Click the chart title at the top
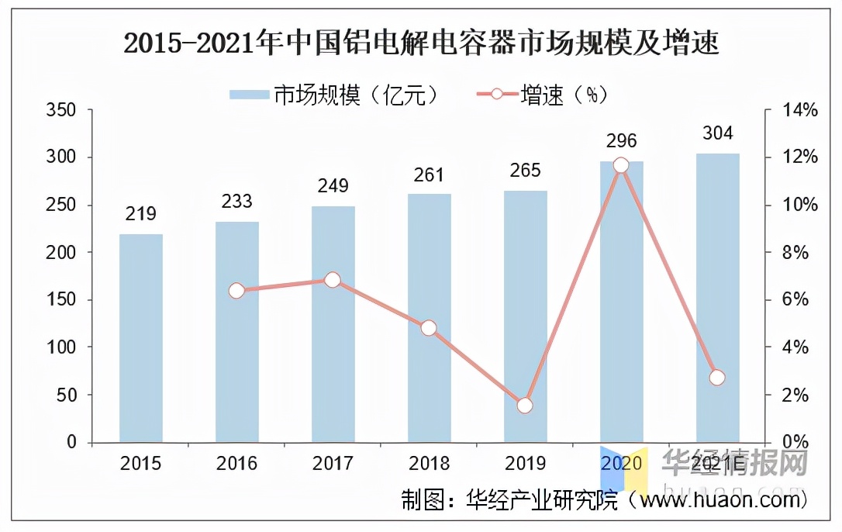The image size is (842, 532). tap(421, 43)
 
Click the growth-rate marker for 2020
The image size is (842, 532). tap(621, 165)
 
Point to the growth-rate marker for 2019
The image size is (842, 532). tap(525, 406)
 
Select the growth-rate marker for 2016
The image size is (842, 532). tap(236, 291)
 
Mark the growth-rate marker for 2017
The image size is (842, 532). tap(333, 280)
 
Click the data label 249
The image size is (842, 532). tap(333, 186)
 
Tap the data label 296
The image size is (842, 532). tap(621, 140)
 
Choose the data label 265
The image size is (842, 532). tap(525, 170)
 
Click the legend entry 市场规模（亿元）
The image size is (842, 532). tap(338, 95)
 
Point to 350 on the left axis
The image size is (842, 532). tap(61, 110)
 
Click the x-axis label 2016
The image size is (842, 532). tap(236, 464)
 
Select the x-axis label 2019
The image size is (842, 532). tap(525, 464)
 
